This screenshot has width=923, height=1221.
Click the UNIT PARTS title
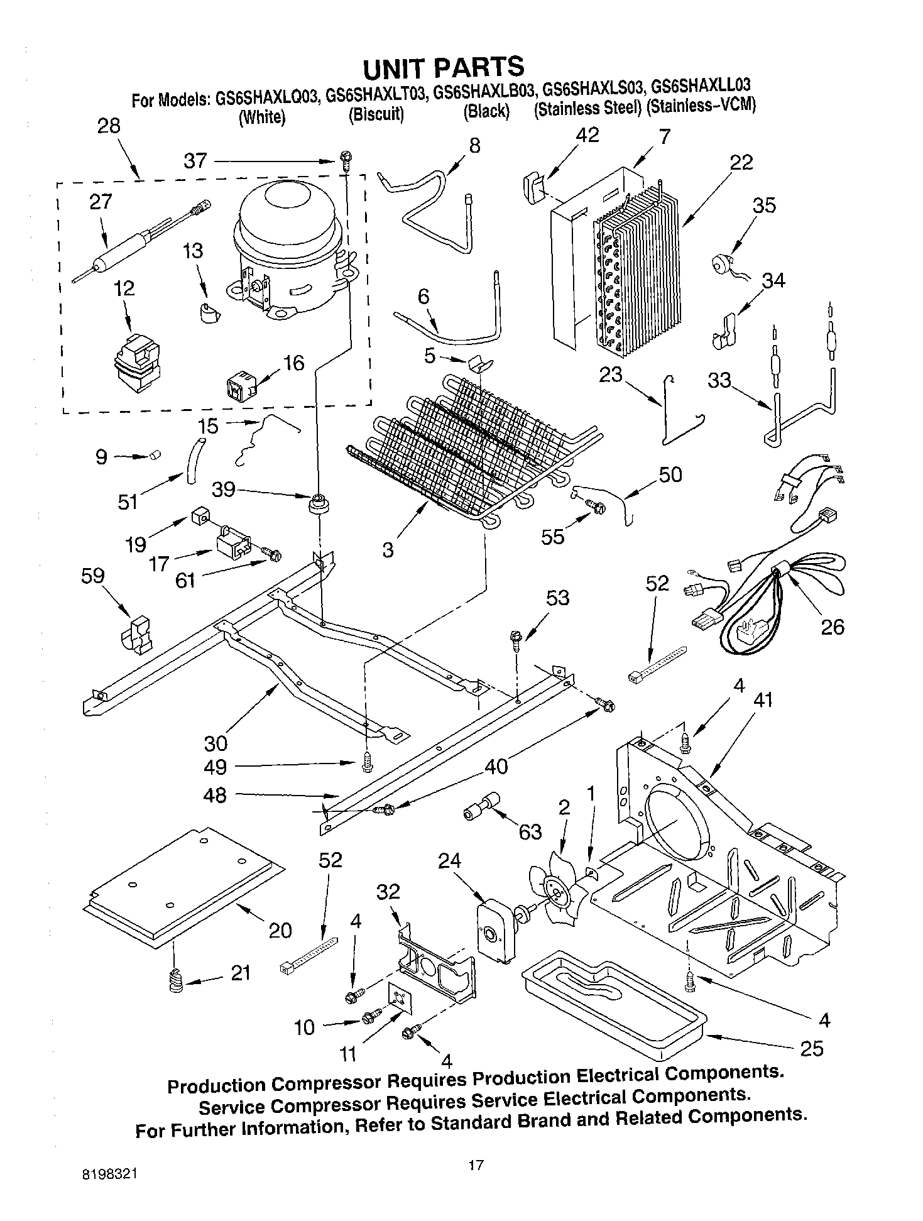tap(443, 67)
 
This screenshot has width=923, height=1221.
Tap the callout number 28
tap(108, 126)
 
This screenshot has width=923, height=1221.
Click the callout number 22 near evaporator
tap(741, 162)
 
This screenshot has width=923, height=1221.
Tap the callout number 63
tap(530, 832)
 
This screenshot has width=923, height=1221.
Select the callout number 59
tap(92, 576)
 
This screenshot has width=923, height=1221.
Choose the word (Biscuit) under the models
tap(376, 115)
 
